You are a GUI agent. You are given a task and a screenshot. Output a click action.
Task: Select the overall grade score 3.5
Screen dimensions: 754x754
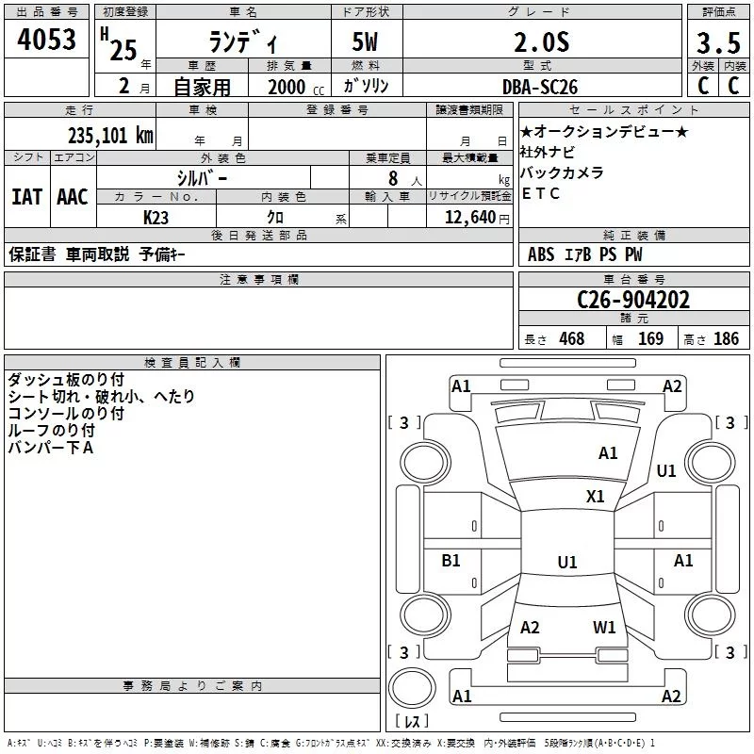pyautogui.click(x=718, y=44)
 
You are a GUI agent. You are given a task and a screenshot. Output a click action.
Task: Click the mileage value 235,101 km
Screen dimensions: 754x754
pyautogui.click(x=110, y=135)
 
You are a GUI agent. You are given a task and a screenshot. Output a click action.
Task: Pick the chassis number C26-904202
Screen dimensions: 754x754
pyautogui.click(x=633, y=300)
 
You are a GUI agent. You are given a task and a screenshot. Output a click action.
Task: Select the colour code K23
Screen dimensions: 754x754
pyautogui.click(x=156, y=217)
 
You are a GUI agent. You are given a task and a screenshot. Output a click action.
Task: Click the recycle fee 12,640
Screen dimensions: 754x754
pyautogui.click(x=467, y=217)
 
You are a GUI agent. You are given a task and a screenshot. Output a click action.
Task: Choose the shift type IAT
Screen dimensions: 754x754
pyautogui.click(x=26, y=196)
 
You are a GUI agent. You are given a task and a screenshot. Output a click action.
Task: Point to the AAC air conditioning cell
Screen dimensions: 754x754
pyautogui.click(x=72, y=196)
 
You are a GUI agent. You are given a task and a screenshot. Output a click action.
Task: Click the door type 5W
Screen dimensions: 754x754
pyautogui.click(x=368, y=44)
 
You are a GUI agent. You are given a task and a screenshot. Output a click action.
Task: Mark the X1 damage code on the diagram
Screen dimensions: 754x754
pyautogui.click(x=596, y=497)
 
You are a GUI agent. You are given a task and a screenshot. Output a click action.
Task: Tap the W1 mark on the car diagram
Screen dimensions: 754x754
pyautogui.click(x=604, y=627)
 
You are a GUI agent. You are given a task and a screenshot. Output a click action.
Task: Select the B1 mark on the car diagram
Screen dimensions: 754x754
pyautogui.click(x=451, y=561)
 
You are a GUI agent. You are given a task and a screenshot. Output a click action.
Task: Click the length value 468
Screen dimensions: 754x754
pyautogui.click(x=571, y=338)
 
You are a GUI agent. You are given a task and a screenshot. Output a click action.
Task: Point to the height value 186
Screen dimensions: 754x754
pyautogui.click(x=726, y=338)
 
